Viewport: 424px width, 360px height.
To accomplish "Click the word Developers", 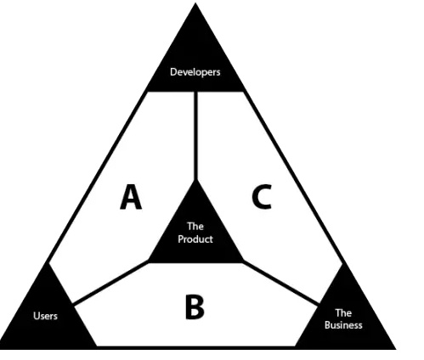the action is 195,72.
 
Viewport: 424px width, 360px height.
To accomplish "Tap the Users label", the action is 45,316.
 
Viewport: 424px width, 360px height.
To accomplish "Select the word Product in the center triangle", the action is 195,239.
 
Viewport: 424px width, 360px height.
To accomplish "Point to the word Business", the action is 343,325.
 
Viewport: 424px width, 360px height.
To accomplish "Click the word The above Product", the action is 195,227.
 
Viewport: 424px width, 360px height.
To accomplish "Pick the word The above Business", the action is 343,312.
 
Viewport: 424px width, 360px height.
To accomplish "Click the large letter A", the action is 131,197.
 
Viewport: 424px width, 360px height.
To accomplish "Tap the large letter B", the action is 195,307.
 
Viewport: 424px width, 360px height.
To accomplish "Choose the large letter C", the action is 262,197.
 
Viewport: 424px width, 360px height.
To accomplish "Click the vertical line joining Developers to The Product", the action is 195,136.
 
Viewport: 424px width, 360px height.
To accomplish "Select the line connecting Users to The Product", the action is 110,283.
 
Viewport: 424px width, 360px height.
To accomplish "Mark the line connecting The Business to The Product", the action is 281,283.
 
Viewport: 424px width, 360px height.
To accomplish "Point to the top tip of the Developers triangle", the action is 195,3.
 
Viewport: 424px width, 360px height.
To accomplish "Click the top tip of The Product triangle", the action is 195,180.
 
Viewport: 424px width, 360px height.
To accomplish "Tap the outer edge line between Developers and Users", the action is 97,177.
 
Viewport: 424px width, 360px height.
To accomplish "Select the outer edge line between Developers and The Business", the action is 294,177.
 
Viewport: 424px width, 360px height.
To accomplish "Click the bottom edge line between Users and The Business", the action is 195,347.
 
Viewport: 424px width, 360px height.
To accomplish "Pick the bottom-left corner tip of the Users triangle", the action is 1,349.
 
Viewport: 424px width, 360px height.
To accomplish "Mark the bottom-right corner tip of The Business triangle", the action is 396,349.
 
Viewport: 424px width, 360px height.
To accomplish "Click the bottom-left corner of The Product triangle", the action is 149,262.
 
